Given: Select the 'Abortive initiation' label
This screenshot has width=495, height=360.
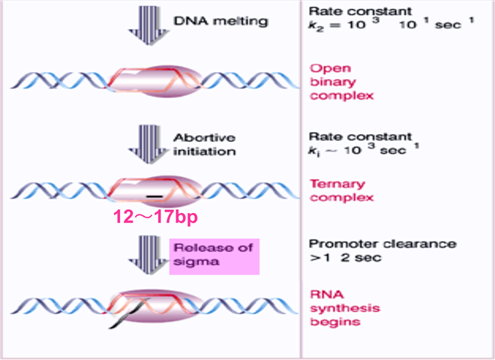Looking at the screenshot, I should coord(205,144).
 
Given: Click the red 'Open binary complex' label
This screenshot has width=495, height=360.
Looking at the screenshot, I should coord(331,82).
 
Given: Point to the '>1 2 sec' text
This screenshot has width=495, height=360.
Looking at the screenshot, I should coord(337,259).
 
